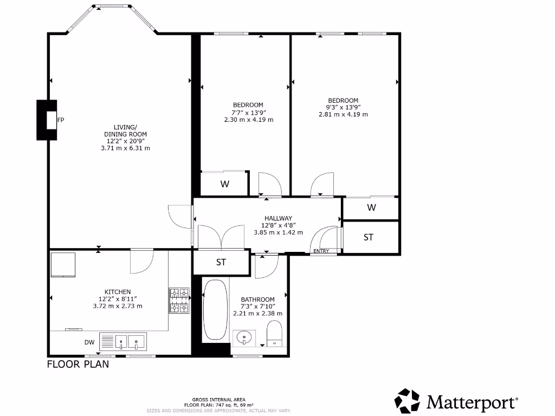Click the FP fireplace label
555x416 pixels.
point(61,120)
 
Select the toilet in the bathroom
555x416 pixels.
point(275,333)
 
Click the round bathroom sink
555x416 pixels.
point(244,337)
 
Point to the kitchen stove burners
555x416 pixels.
point(179,301)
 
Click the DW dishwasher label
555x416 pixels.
point(89,342)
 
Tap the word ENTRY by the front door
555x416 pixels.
point(321,251)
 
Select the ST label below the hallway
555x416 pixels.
point(221,263)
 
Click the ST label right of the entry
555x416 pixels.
point(369,237)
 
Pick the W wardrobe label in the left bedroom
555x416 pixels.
point(225,184)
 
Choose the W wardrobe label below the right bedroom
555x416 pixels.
point(371,207)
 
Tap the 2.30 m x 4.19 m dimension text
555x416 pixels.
point(248,120)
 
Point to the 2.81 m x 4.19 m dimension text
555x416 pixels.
point(343,114)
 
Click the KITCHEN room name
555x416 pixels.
point(118,292)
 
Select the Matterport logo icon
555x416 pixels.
point(407,401)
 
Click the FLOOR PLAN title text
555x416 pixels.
point(78,364)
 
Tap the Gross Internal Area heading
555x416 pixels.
point(219,399)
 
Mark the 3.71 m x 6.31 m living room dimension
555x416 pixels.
point(125,148)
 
